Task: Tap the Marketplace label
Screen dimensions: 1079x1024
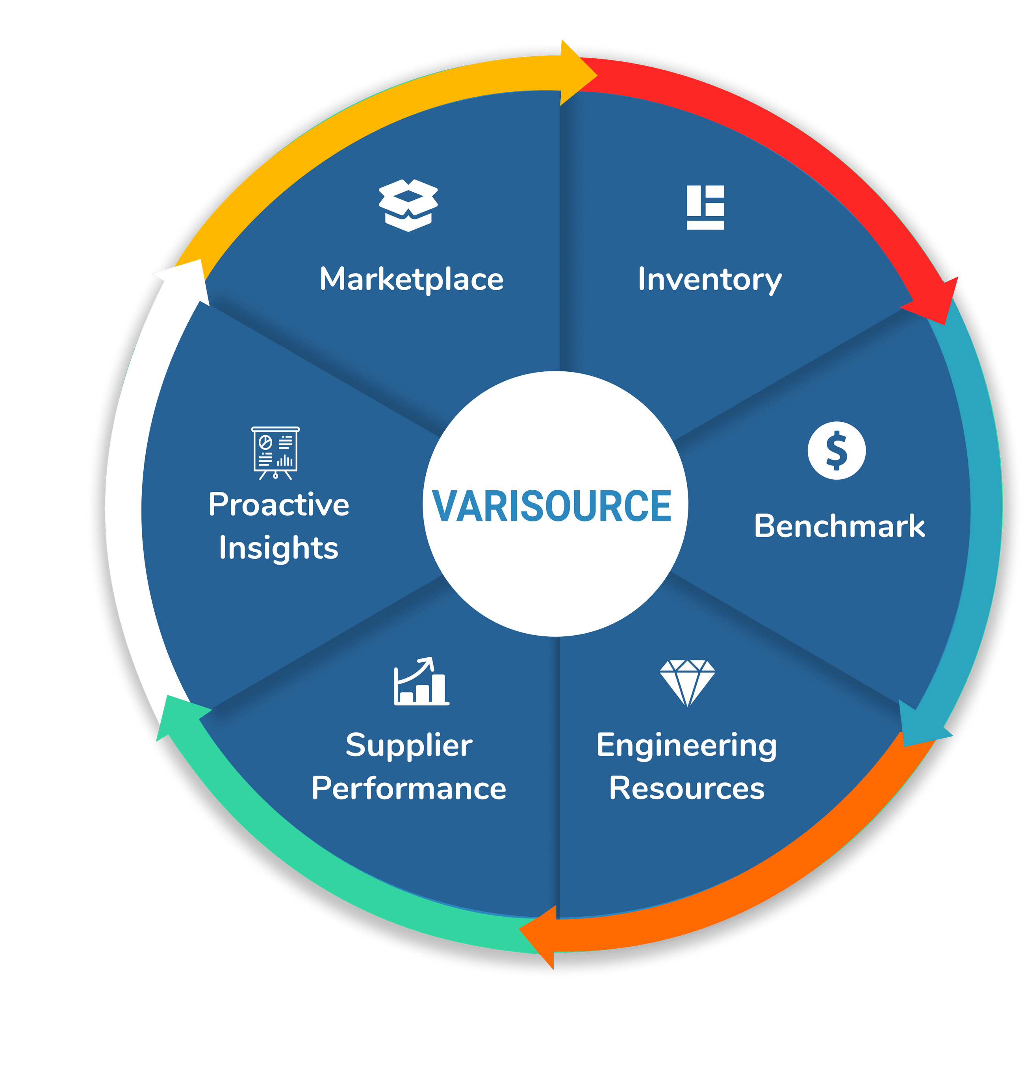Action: pos(411,280)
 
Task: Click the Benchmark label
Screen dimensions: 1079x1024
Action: pos(839,526)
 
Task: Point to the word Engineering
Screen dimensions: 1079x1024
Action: pos(686,745)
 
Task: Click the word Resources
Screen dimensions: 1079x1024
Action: pos(686,789)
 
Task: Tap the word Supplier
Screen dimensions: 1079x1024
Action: pos(409,745)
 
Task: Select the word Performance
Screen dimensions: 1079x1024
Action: pos(409,789)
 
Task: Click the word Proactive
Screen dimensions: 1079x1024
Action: pos(278,504)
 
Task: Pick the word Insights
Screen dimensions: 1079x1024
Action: pos(278,548)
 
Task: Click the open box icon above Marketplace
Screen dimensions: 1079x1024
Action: pos(408,205)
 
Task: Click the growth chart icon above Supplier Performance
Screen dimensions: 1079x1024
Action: pos(421,682)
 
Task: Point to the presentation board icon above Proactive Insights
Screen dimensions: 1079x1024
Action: pos(275,452)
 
